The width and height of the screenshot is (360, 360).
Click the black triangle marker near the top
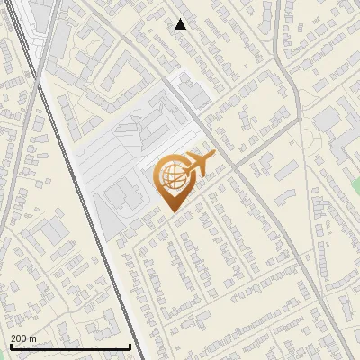click(x=181, y=24)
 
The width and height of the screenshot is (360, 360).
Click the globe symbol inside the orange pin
click(x=170, y=177)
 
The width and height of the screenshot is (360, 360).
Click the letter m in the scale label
click(x=33, y=338)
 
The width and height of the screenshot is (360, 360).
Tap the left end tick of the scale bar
click(x=10, y=346)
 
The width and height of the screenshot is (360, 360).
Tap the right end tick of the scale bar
click(x=130, y=346)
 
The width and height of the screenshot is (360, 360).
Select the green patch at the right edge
click(x=355, y=185)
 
